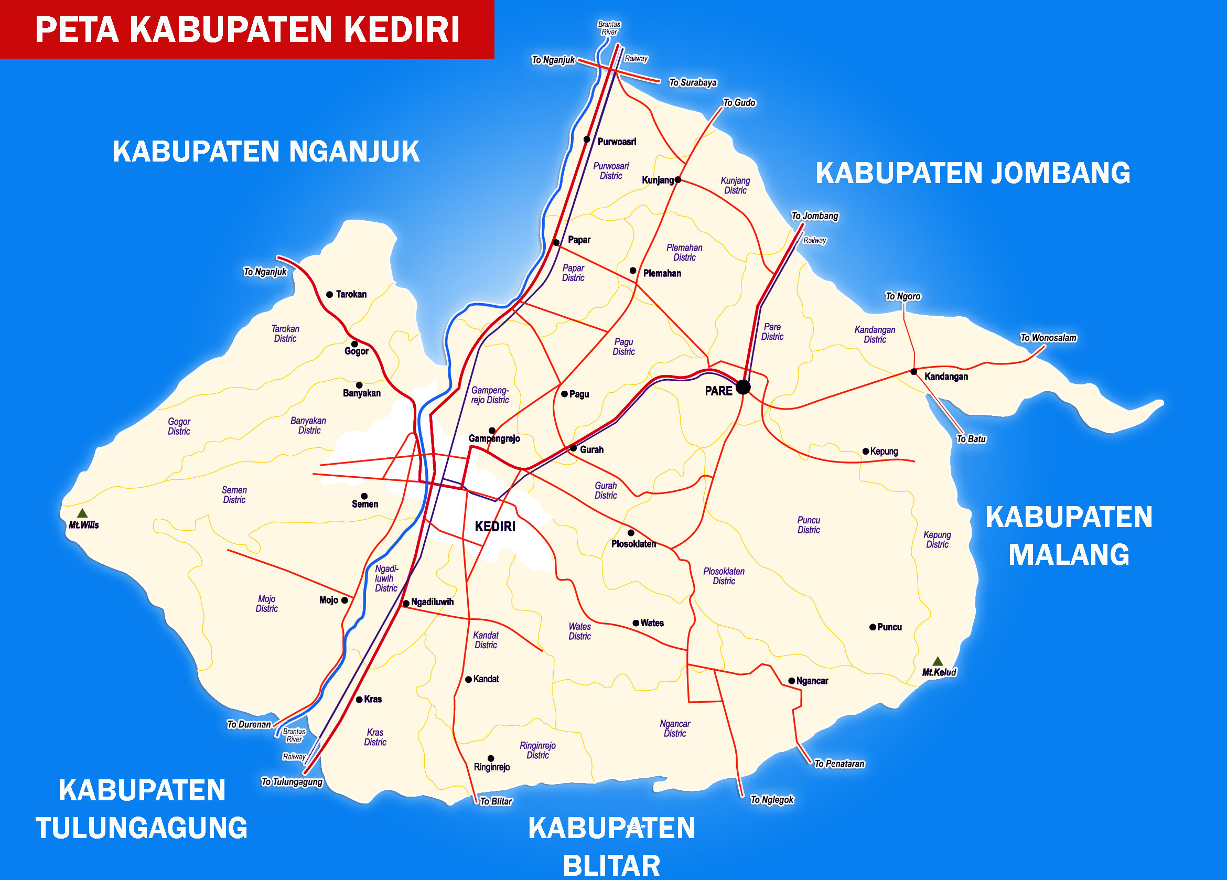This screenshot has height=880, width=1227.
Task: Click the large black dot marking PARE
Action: [x=744, y=387]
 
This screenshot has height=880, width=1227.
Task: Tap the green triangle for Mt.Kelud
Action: [x=938, y=661]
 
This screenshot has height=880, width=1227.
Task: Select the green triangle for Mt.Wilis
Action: [x=82, y=512]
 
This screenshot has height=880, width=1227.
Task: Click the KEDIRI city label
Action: [x=495, y=527]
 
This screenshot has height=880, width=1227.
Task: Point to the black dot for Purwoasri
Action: [x=586, y=139]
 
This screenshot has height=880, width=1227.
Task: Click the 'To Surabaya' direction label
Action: [x=693, y=83]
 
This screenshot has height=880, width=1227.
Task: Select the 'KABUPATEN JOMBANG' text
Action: [x=972, y=173]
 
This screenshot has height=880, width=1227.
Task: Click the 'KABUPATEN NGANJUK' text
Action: [x=266, y=152]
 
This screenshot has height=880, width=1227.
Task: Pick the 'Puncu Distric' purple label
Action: [x=808, y=525]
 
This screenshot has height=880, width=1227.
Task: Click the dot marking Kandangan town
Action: [x=914, y=372]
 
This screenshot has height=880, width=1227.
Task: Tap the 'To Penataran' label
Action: [x=839, y=764]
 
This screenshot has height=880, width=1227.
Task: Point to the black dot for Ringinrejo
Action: [x=491, y=758]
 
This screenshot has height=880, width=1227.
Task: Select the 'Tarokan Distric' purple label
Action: [x=285, y=334]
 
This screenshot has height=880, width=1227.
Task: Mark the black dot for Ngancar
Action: [x=791, y=681]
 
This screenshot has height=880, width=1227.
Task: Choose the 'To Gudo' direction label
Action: [x=739, y=103]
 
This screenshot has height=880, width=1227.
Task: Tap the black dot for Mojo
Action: [x=345, y=600]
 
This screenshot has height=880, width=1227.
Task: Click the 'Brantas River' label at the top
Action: [x=609, y=28]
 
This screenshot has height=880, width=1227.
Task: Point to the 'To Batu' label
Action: [x=971, y=439]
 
